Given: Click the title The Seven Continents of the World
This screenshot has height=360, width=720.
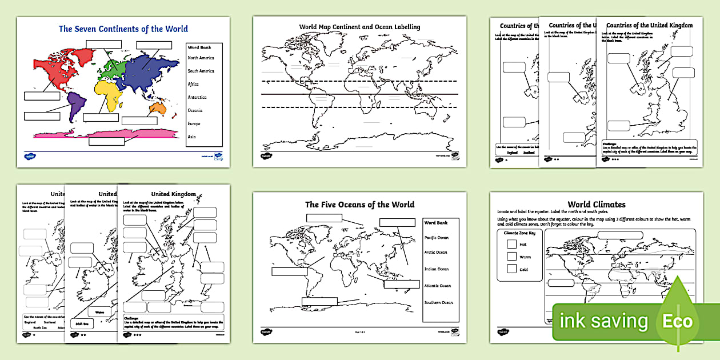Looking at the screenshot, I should (123, 29).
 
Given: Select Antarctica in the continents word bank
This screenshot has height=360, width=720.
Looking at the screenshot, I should (197, 97).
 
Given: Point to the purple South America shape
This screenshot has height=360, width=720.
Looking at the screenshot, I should (75, 106).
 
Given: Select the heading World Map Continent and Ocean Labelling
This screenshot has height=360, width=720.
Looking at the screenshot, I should (359, 27).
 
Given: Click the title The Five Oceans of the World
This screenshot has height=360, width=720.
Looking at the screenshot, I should (359, 204).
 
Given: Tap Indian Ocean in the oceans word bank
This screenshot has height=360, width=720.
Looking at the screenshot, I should (436, 269).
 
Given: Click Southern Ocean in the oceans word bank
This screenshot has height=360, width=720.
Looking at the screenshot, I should (438, 302).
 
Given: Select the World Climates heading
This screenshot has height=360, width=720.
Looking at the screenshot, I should (596, 204).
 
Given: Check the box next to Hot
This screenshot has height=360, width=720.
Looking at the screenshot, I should (511, 244).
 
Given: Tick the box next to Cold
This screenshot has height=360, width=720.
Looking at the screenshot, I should (511, 269).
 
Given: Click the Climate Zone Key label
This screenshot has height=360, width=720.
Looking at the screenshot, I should (518, 233).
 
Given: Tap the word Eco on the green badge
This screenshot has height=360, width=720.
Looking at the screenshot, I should (678, 321).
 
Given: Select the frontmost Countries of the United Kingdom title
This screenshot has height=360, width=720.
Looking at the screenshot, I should (649, 25).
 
